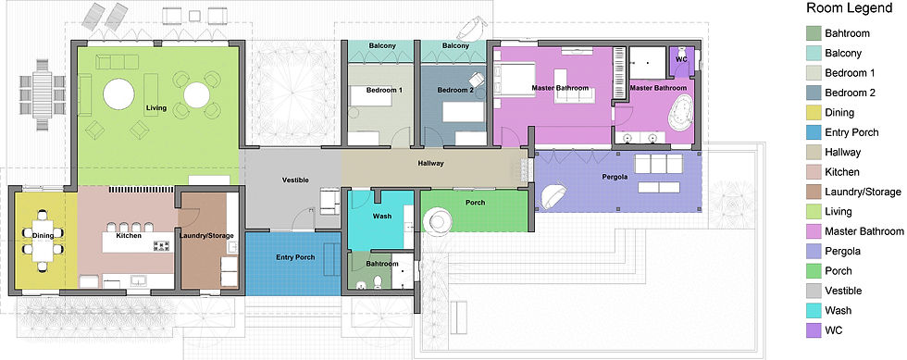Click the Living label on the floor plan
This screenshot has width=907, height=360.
156,108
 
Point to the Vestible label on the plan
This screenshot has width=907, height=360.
295,180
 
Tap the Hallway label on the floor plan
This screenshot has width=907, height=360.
430,164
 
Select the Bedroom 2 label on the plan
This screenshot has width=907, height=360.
455,90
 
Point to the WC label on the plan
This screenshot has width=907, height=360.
680,58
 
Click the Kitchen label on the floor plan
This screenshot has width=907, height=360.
129,236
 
